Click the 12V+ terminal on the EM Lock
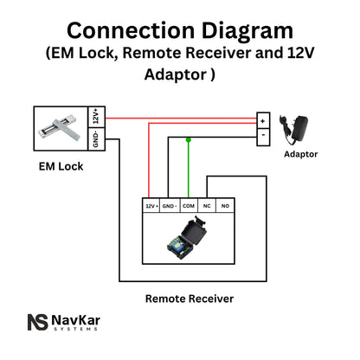click(x=96, y=116)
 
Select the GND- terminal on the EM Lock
click(x=96, y=139)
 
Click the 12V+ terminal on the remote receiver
click(x=151, y=207)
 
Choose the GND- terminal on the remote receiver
click(x=170, y=207)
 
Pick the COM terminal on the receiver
click(x=189, y=207)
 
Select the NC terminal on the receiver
click(x=208, y=207)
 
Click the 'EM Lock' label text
click(x=61, y=165)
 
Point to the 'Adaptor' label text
click(x=300, y=154)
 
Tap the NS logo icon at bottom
click(x=36, y=322)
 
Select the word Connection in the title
click(x=124, y=30)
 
